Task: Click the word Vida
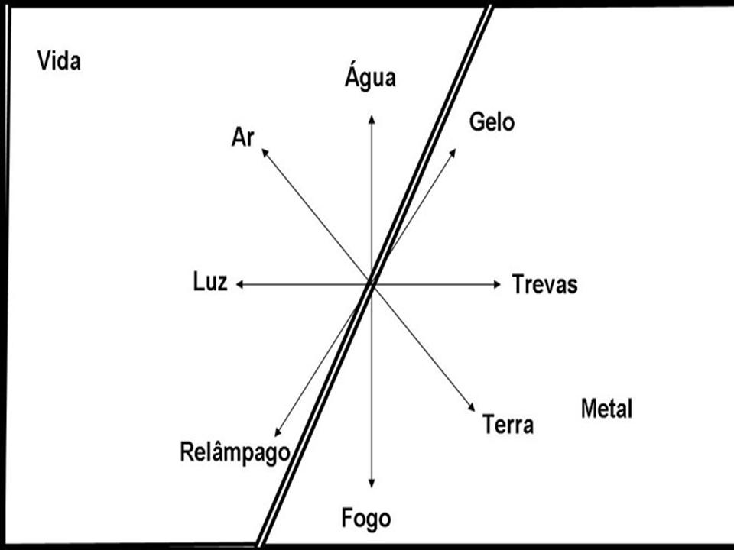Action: coord(59,61)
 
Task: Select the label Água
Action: coord(370,78)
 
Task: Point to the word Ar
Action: coord(242,137)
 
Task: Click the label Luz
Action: coord(210,283)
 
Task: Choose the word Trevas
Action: coord(545,285)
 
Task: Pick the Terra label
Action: coord(508,424)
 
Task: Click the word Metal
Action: coord(606,409)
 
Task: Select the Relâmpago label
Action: coord(235,451)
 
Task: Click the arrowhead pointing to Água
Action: coord(372,118)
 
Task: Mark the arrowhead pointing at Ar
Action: coord(265,152)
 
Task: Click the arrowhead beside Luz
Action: coord(239,284)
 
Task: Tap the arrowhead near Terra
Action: coord(473,409)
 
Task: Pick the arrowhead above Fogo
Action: coord(372,483)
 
